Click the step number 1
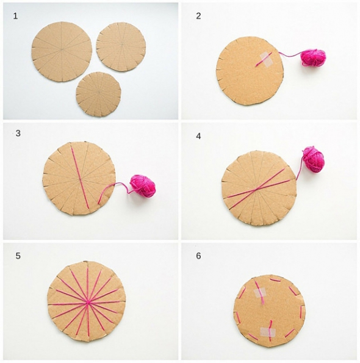coord(15,16)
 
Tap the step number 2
coord(198,16)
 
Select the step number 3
coord(18,134)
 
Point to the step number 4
coord(198,137)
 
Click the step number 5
coord(18,256)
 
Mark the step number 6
coord(198,256)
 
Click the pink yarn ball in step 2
coord(313,57)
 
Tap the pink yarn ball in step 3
coord(143,186)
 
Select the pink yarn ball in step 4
coord(314,159)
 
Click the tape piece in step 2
coord(266,60)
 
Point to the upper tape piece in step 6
coord(260,293)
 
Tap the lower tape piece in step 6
coord(268,332)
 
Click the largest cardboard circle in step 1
coord(62,51)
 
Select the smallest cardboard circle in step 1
coord(99,94)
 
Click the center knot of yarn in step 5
coord(87,303)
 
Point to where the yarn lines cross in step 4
coord(256,190)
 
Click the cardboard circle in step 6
coord(270,311)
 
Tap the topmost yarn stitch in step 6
coord(276,280)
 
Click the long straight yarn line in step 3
coord(80,177)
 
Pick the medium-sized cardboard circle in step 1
coord(121,46)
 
